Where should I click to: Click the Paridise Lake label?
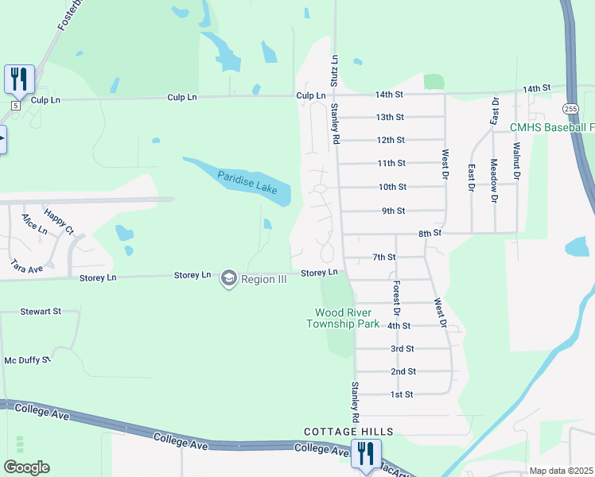pos(247,180)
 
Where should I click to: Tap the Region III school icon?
pos(229,279)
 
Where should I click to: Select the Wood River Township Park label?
pos(347,318)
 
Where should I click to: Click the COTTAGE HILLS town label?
pos(348,432)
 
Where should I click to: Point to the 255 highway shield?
pos(570,107)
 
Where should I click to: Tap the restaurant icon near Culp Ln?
pos(18,79)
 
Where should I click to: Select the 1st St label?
pos(402,394)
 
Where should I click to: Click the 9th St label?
pos(394,211)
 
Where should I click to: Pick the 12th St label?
pos(391,140)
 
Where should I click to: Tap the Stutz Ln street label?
pos(335,72)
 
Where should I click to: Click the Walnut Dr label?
pos(516,158)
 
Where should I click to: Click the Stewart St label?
pos(41,312)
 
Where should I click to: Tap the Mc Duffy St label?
pos(27,360)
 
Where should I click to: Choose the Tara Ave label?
pos(26,266)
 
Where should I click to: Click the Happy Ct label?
pos(59,220)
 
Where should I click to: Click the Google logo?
pos(26,467)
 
